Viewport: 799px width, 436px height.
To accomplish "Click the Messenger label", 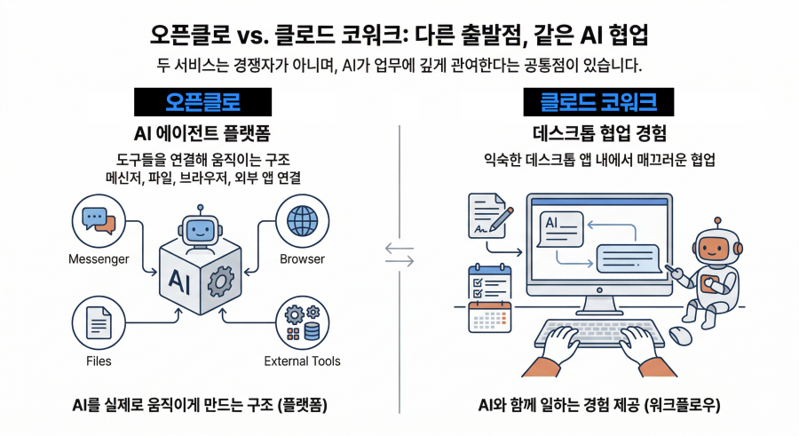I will coord(99,259).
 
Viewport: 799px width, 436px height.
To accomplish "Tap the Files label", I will coord(99,361).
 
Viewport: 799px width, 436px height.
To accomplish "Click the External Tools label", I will coord(302,361).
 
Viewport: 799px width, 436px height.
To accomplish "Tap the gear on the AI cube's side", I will coord(218,283).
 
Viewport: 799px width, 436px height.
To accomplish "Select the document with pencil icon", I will coord(489,216).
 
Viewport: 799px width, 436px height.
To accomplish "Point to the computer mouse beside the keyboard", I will coord(680,335).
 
